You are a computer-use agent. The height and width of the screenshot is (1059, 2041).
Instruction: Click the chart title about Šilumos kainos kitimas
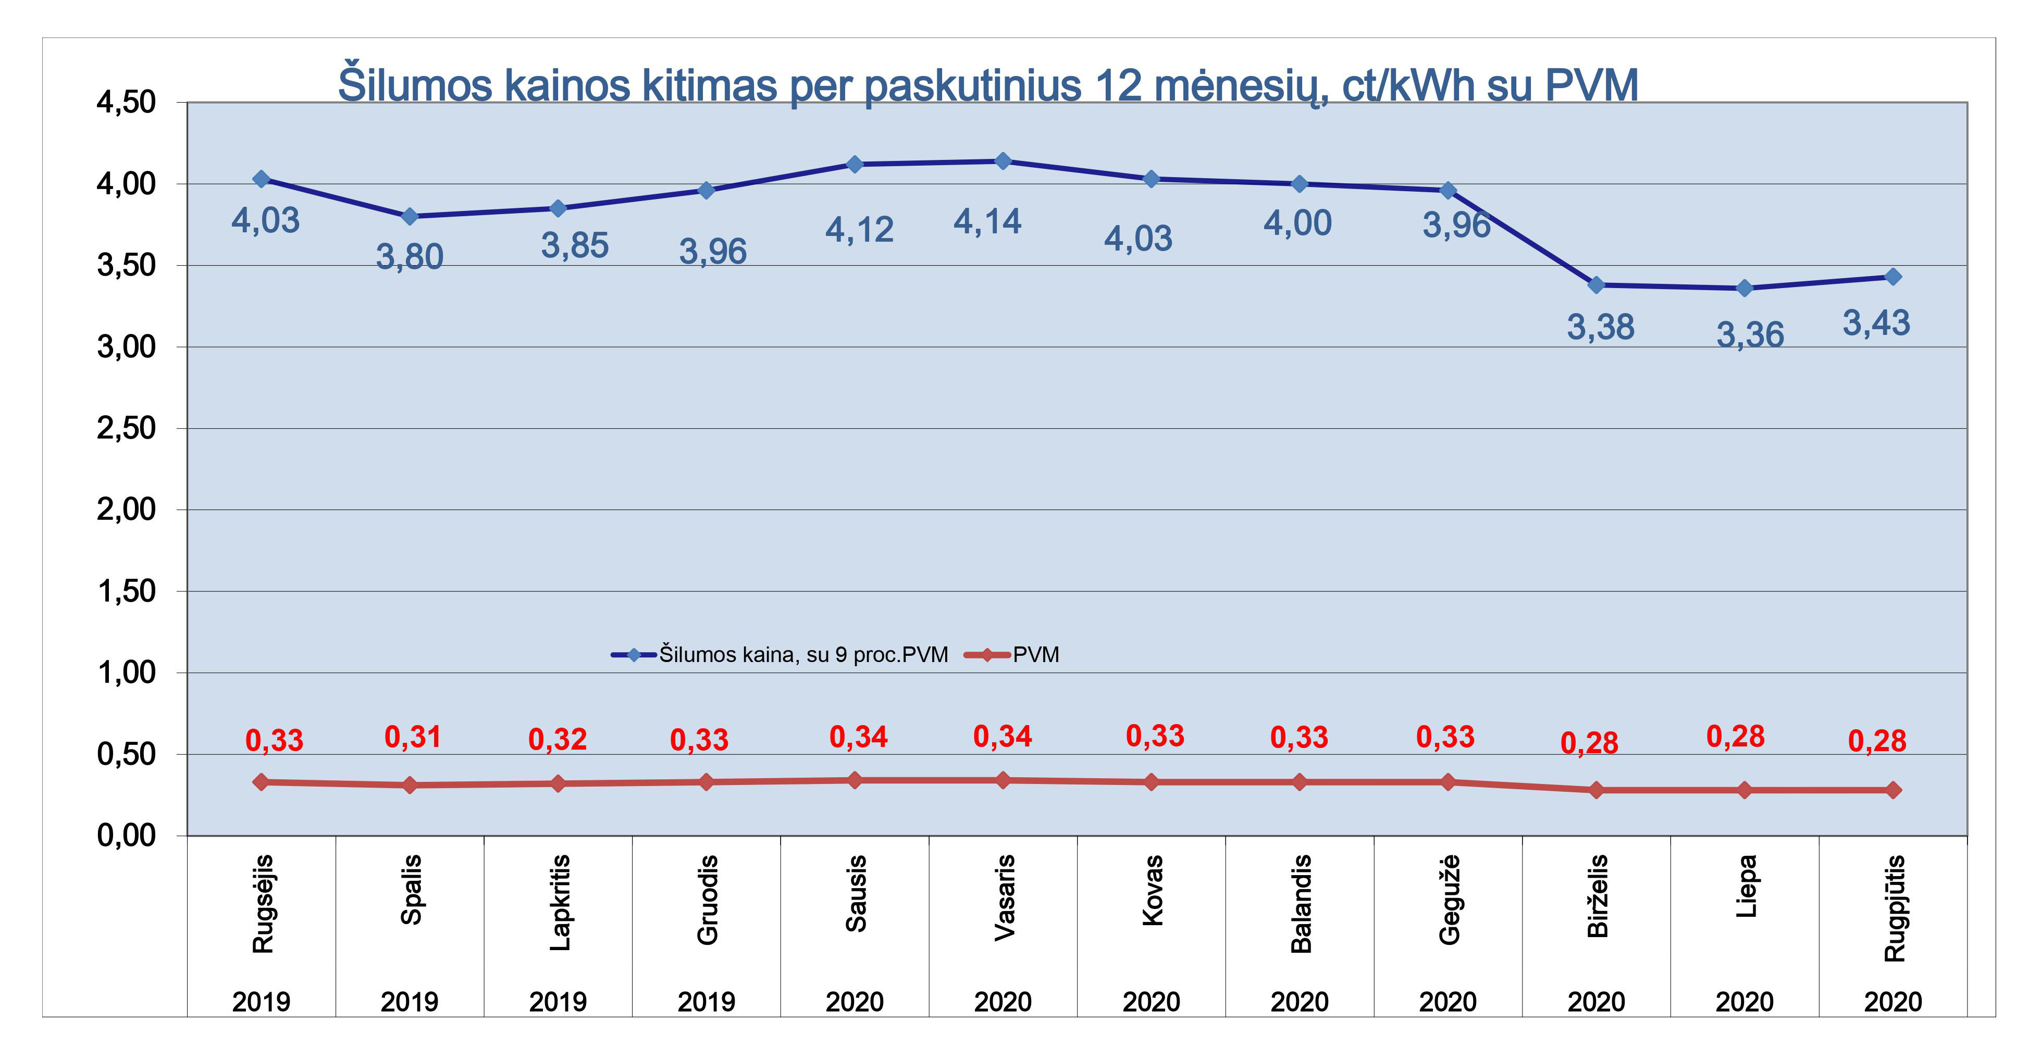987,85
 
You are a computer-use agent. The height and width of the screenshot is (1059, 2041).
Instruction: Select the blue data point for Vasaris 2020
1003,161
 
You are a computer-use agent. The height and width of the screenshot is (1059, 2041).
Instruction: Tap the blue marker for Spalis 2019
410,216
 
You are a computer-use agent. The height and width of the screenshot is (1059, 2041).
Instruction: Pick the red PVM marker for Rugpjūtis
1893,790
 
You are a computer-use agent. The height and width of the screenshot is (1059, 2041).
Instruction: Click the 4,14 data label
987,222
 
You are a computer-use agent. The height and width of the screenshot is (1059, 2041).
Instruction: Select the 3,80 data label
409,257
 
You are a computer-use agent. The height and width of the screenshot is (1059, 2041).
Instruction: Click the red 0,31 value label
412,738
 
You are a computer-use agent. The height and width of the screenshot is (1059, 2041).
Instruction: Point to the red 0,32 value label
557,740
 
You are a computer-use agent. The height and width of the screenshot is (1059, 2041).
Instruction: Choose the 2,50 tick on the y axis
126,429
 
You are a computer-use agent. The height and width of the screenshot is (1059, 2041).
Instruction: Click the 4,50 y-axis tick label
126,102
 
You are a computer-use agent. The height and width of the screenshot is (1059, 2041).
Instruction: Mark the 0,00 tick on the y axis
126,836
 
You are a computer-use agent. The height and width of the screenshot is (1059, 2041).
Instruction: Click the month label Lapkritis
560,902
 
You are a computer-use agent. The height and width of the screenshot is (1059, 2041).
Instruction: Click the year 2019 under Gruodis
706,1002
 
